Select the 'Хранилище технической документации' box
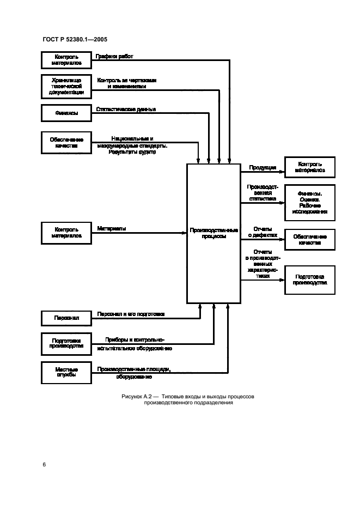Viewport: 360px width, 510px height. (x=68, y=86)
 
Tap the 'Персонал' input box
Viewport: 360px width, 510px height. (x=68, y=317)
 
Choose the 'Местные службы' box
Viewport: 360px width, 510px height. (x=68, y=373)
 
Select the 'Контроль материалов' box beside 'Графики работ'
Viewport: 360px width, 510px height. (x=68, y=60)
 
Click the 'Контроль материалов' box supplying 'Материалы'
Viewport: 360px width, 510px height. (x=68, y=233)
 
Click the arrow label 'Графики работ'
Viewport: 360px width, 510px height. (x=114, y=56)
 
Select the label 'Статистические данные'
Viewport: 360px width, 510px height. (x=126, y=109)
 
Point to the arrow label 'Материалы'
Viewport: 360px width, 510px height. (x=112, y=228)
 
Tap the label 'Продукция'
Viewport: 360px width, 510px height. (x=262, y=168)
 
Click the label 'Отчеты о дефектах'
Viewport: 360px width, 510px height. (x=263, y=232)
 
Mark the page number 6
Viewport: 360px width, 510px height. (x=44, y=464)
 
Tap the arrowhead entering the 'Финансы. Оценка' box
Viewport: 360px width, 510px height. (x=282, y=203)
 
